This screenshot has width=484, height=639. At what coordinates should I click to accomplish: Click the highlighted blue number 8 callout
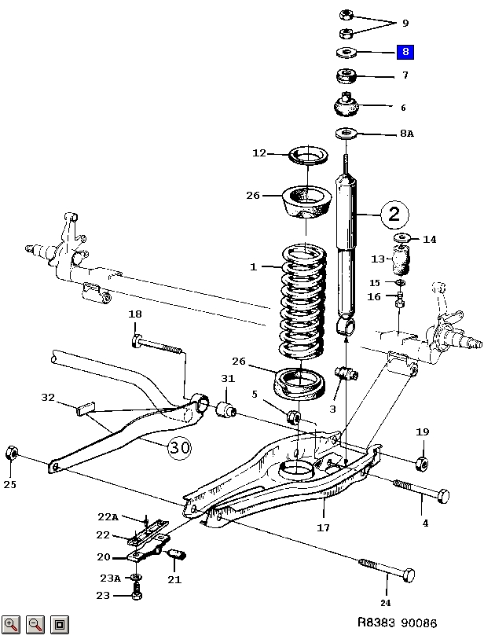pyautogui.click(x=405, y=52)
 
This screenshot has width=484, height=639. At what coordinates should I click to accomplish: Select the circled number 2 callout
pyautogui.click(x=394, y=214)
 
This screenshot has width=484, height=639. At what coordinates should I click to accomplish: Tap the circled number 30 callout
pyautogui.click(x=179, y=447)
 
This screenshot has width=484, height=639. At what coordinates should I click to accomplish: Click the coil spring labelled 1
pyautogui.click(x=304, y=301)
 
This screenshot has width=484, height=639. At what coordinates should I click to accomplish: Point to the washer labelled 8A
pyautogui.click(x=346, y=133)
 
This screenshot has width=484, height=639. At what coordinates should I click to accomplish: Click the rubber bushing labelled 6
pyautogui.click(x=346, y=105)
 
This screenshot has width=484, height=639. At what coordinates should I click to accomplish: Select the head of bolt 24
pyautogui.click(x=409, y=575)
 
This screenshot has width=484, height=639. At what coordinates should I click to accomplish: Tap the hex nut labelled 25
pyautogui.click(x=12, y=453)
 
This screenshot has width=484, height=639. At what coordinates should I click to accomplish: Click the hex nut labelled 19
pyautogui.click(x=422, y=464)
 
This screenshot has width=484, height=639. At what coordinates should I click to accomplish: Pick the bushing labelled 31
pyautogui.click(x=225, y=409)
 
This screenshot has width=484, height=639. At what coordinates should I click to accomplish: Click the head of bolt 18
pyautogui.click(x=136, y=340)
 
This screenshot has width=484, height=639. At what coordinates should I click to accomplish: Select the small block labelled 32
pyautogui.click(x=86, y=408)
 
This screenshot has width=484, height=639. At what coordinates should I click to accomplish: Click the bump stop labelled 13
pyautogui.click(x=401, y=261)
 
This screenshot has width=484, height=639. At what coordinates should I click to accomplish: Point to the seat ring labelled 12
pyautogui.click(x=309, y=156)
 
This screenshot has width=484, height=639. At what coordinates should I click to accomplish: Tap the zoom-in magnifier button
pyautogui.click(x=11, y=624)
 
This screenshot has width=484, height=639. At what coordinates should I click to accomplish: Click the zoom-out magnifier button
pyautogui.click(x=35, y=624)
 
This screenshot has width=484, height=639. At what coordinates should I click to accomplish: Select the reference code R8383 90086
pyautogui.click(x=398, y=622)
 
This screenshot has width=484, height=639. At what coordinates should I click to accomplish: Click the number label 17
pyautogui.click(x=324, y=527)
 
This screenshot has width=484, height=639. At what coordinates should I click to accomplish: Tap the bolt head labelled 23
pyautogui.click(x=137, y=596)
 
